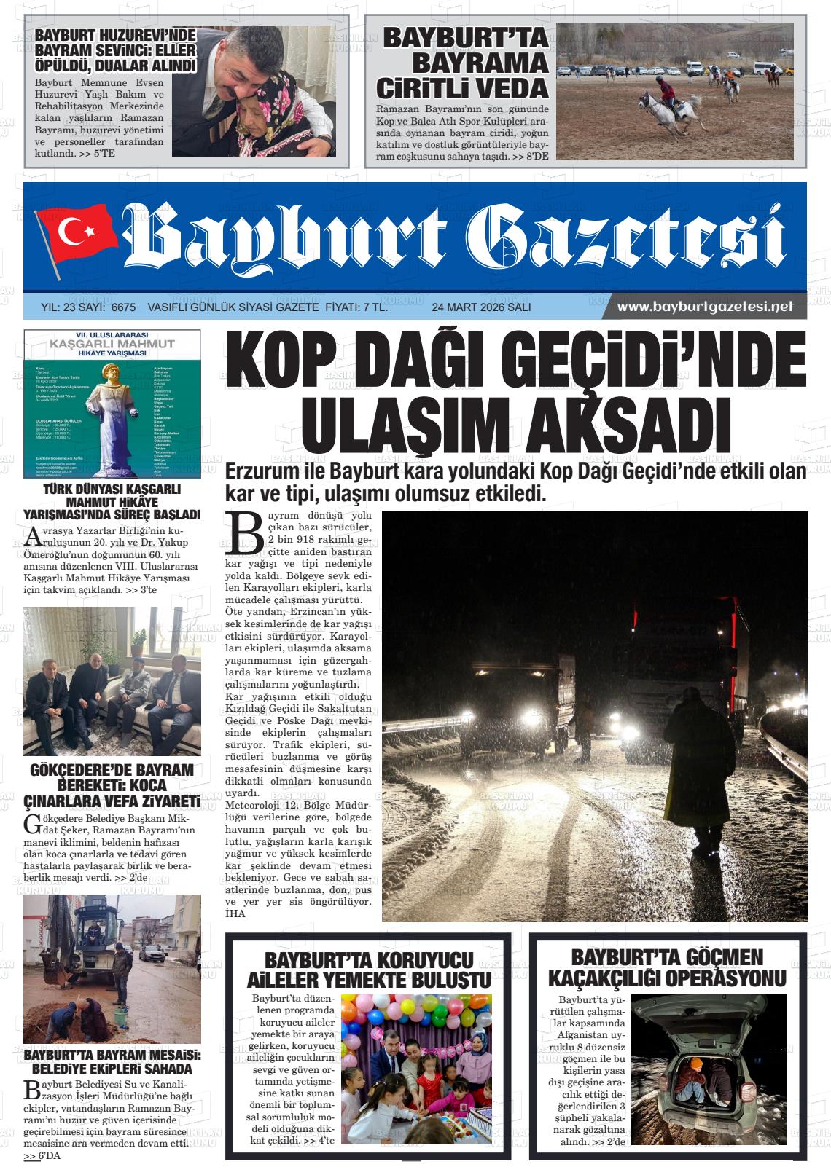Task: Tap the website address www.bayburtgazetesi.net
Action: [705, 307]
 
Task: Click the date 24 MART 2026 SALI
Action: [481, 307]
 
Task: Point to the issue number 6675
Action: [124, 307]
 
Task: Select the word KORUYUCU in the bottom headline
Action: [421, 959]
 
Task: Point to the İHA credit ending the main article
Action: [235, 913]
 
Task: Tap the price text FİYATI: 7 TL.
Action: [355, 307]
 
